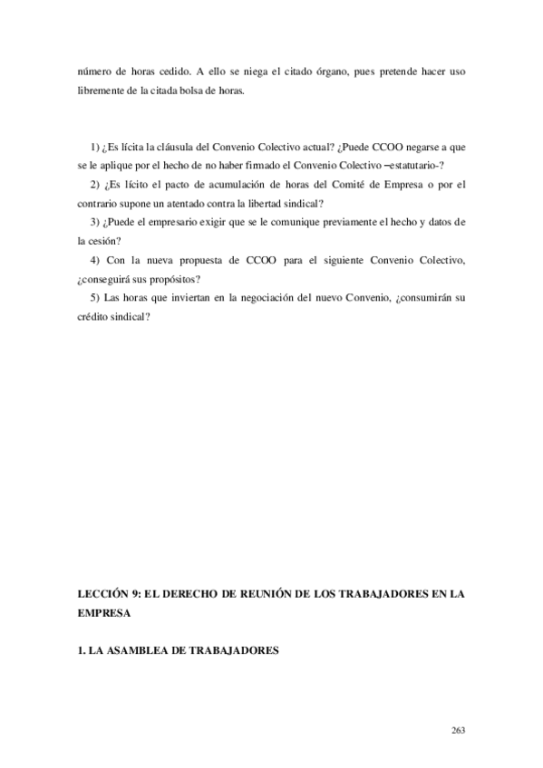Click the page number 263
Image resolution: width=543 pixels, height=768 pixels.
pyautogui.click(x=458, y=728)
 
